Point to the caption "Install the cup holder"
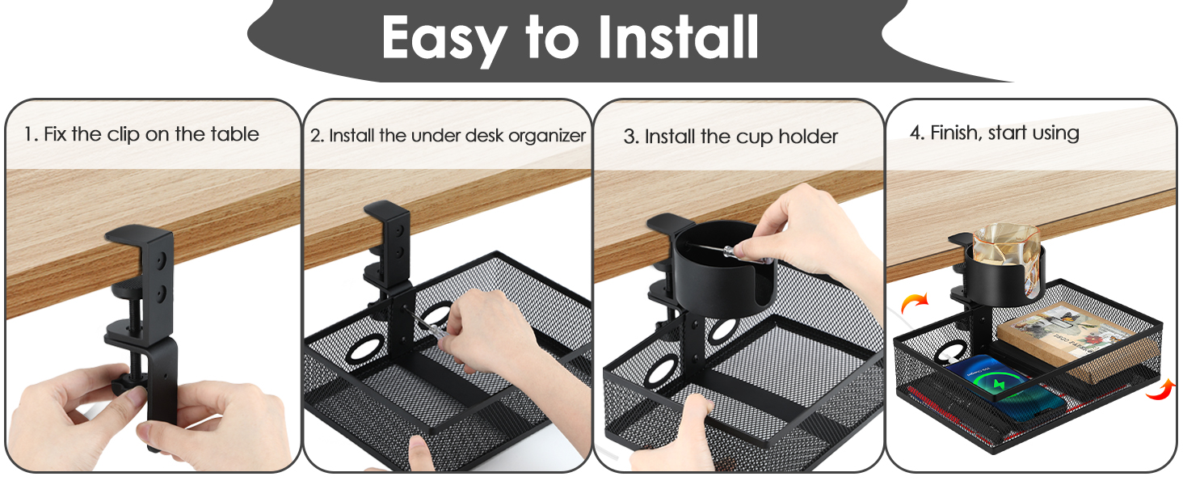(x=730, y=137)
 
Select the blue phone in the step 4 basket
(x=1002, y=384)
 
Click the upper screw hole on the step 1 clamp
(x=162, y=259)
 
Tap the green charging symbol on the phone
(x=998, y=380)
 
